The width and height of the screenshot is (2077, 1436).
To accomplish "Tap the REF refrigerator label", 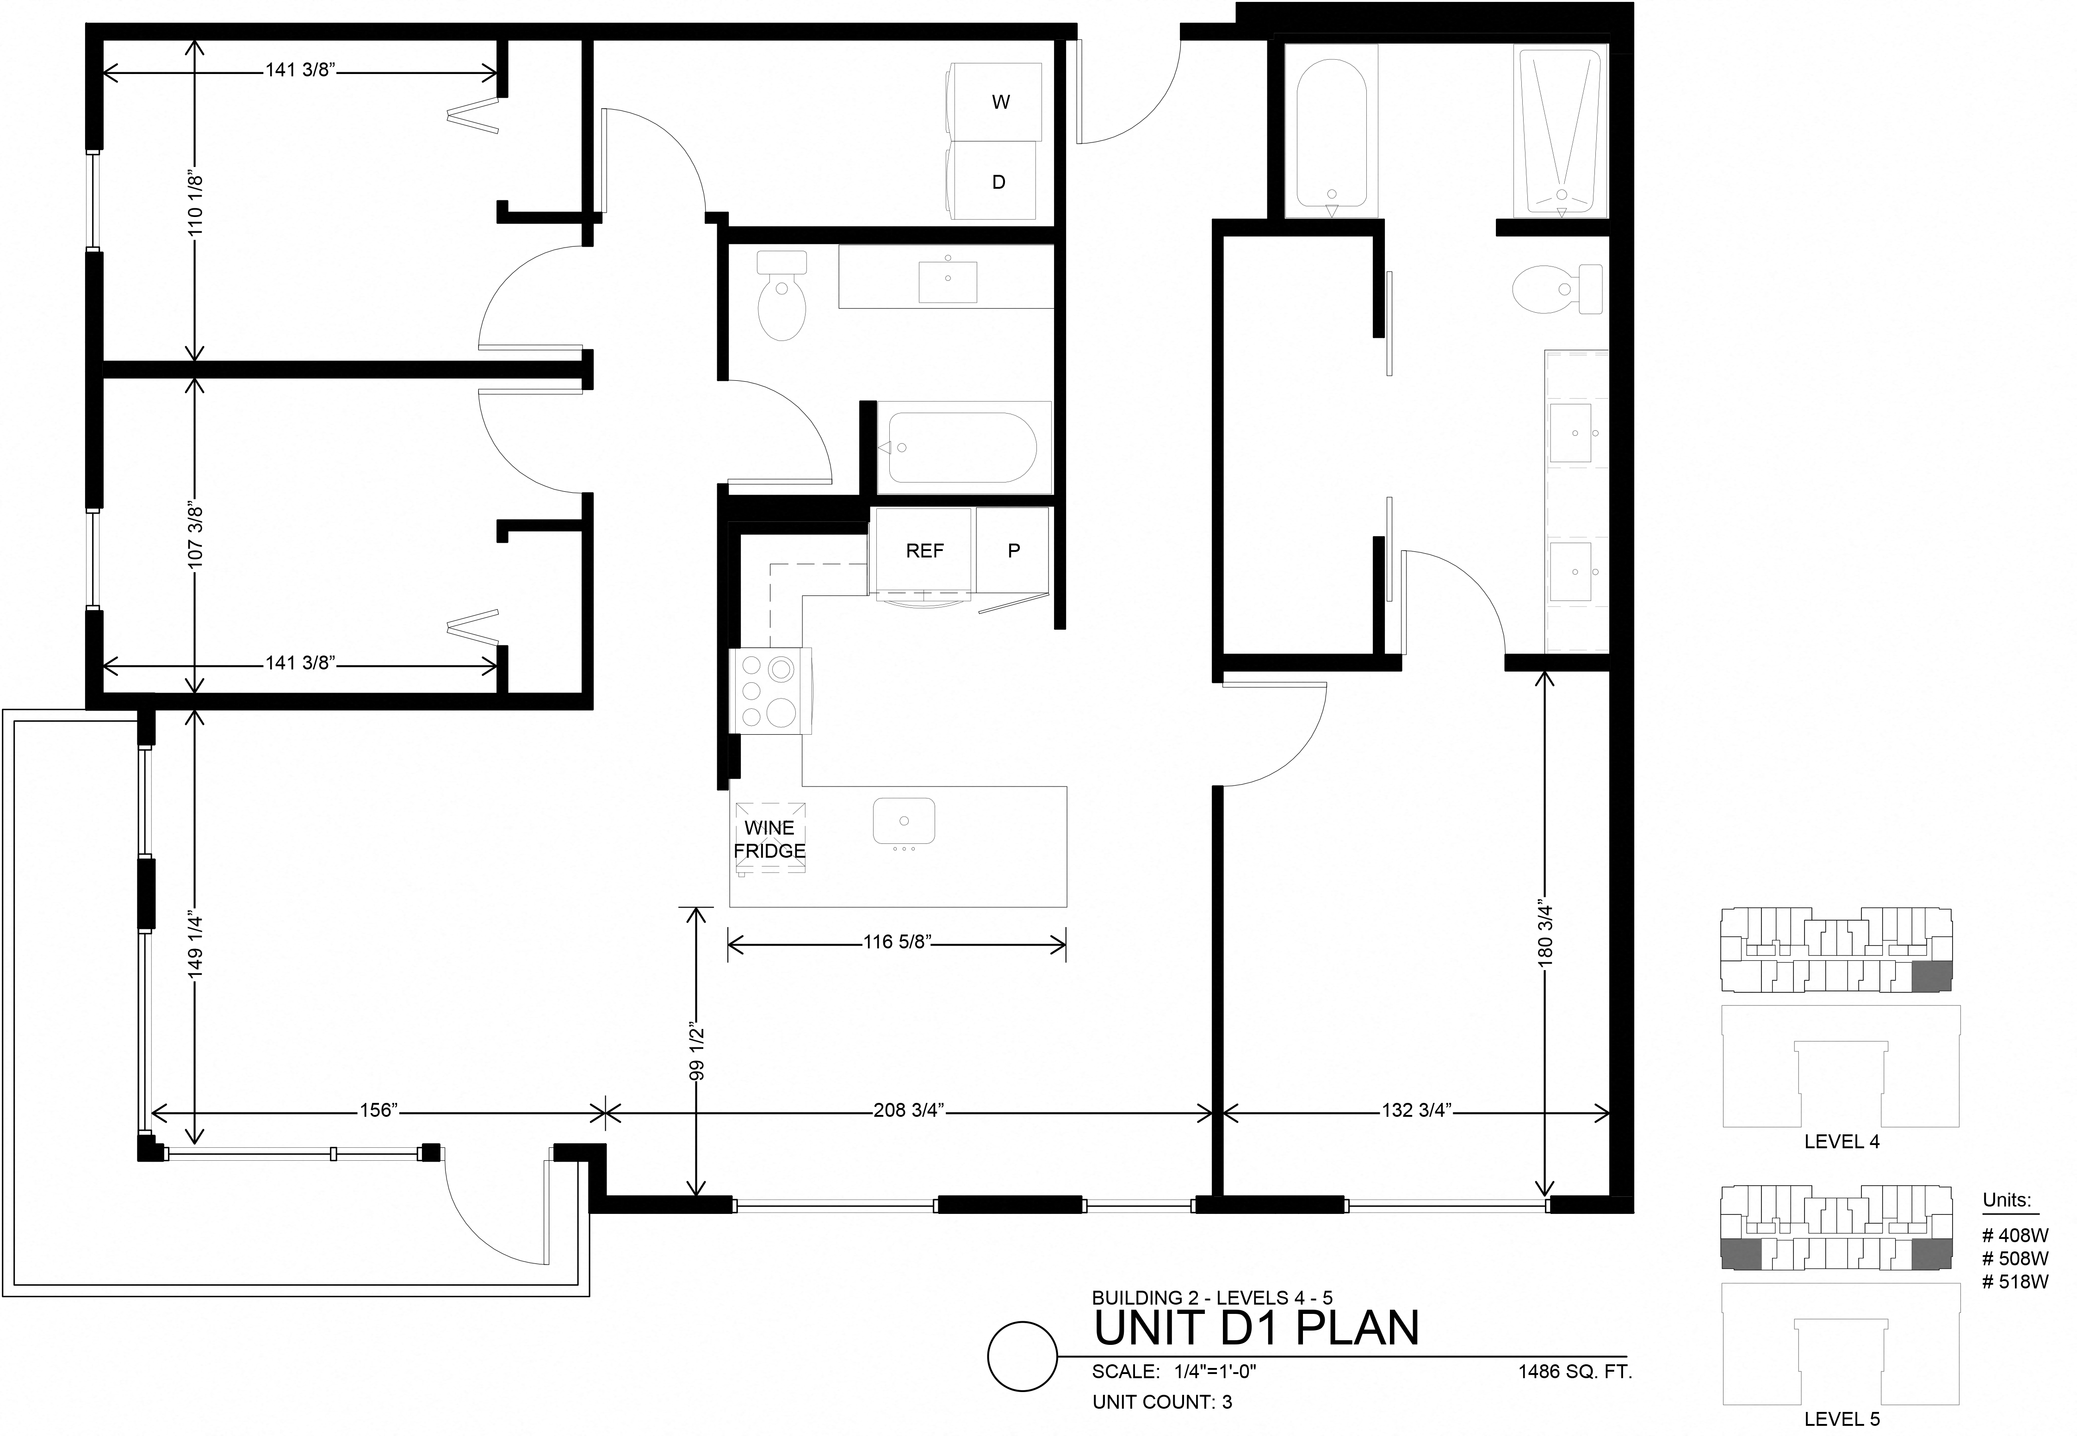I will click(924, 551).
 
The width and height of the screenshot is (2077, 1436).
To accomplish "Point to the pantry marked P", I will click(1013, 551).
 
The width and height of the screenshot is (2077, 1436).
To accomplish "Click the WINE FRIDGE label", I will click(769, 839).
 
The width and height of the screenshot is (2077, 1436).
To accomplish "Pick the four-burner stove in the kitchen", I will click(769, 691).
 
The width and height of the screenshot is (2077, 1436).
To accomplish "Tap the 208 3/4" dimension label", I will click(908, 1110).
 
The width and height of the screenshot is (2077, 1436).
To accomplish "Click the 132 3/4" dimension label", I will click(1416, 1110).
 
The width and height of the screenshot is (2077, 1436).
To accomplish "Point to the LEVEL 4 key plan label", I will click(1841, 1142).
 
